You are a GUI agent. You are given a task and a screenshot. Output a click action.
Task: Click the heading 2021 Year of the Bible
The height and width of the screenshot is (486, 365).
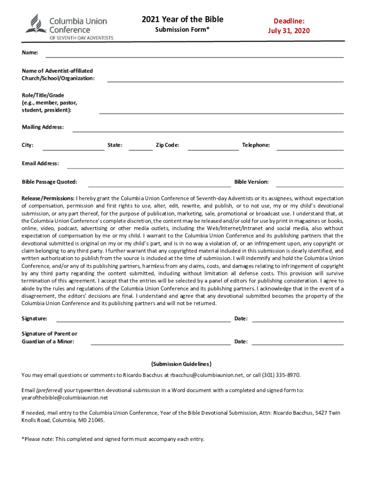click(182, 19)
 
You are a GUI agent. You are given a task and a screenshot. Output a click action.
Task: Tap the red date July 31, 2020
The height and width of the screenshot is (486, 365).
click(289, 31)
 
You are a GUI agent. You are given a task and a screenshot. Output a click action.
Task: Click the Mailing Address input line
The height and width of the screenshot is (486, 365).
click(208, 131)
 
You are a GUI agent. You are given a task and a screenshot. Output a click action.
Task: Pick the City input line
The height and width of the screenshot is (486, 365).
click(73, 149)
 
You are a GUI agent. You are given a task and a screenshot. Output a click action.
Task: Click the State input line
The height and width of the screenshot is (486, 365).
click(141, 149)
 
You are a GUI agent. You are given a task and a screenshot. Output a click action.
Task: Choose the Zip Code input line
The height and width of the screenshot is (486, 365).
click(213, 149)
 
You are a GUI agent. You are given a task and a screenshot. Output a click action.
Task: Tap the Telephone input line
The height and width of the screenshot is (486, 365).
click(310, 149)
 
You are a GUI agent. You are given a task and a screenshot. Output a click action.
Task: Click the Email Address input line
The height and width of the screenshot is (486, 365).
click(205, 168)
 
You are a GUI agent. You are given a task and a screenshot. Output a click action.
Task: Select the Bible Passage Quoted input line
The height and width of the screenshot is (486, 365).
click(159, 186)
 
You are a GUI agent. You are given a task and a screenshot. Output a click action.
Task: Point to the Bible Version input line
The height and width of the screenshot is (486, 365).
click(310, 186)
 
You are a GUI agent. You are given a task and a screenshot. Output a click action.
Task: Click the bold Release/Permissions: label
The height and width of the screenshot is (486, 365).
click(48, 198)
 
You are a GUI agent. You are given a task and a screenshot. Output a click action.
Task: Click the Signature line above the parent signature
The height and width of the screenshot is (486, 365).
click(144, 321)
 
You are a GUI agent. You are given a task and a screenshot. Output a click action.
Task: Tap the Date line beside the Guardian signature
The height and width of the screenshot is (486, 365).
click(298, 344)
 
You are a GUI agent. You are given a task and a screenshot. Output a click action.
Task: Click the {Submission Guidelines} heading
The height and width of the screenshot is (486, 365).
click(181, 364)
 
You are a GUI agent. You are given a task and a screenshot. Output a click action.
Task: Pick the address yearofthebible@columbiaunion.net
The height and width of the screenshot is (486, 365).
click(65, 398)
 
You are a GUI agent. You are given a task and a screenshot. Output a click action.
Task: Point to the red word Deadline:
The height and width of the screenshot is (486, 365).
click(289, 21)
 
